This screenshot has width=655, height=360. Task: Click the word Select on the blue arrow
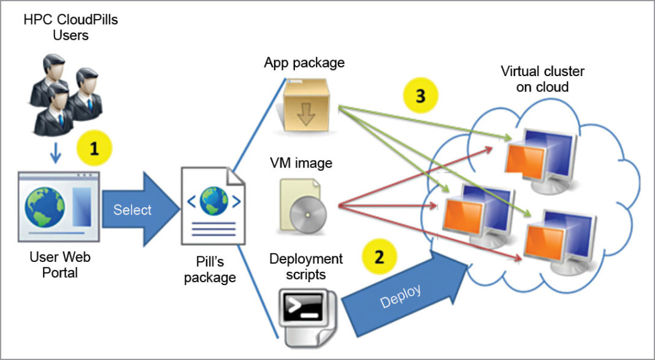[132, 210]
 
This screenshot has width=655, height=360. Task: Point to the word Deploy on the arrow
[400, 298]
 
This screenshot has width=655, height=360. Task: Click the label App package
[304, 63]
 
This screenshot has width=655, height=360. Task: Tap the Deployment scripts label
[306, 266]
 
